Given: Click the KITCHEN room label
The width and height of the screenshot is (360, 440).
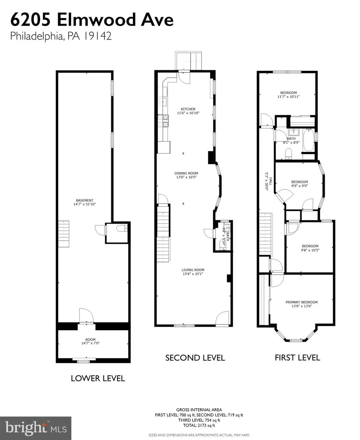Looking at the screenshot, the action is [x=188, y=109].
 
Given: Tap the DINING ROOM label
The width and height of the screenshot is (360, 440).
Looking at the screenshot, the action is [x=186, y=173].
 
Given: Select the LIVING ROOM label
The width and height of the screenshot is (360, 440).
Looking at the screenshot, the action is [x=193, y=270].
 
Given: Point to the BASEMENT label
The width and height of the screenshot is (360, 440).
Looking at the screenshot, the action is [x=84, y=200].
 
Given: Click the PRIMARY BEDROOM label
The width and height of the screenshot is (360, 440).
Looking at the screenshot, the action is [x=301, y=302].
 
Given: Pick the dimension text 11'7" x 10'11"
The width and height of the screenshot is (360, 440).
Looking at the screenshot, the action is [x=289, y=97].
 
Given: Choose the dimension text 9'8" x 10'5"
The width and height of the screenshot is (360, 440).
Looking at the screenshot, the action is [x=310, y=250].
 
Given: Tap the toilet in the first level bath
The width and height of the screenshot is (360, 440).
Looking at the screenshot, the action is [x=289, y=154].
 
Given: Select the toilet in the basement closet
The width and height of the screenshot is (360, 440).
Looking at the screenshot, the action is [x=122, y=229].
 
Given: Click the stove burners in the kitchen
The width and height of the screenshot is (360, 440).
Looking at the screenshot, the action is [x=163, y=121].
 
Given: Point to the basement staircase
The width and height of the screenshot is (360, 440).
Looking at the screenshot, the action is [x=63, y=234].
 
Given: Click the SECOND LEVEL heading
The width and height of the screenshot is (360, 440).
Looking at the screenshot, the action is [x=195, y=358].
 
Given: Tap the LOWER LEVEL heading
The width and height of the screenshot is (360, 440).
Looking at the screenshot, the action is [x=98, y=378].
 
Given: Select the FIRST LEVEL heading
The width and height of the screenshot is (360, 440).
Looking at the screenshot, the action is [x=297, y=358].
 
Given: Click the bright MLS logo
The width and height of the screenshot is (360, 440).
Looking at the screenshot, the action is [x=36, y=428].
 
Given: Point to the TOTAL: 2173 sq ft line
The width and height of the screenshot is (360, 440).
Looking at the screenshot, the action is [x=199, y=425].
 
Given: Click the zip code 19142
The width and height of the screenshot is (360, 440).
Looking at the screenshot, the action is [x=97, y=36].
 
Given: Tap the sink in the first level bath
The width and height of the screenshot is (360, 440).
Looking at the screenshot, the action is [x=294, y=132].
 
